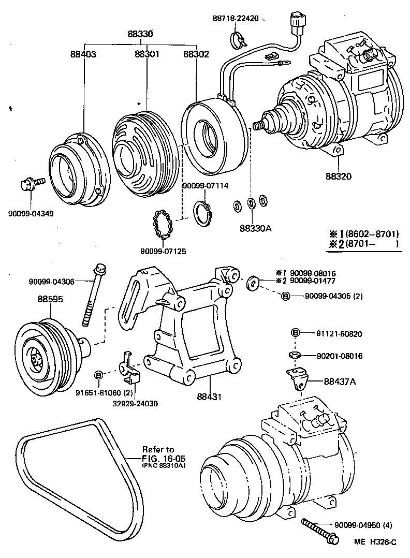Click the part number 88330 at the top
(x=140, y=34)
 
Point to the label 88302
(x=196, y=54)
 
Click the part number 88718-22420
(x=234, y=19)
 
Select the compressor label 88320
(x=339, y=175)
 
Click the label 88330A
(x=255, y=228)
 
